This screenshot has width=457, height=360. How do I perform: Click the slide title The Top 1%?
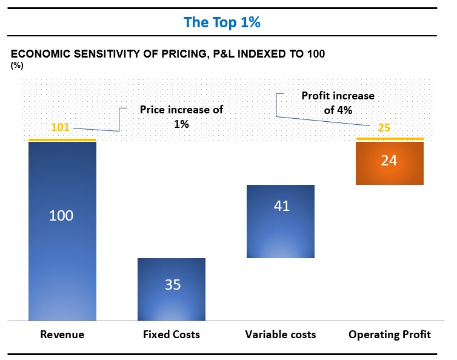[x=222, y=23]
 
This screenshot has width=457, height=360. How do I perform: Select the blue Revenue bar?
[x=62, y=255]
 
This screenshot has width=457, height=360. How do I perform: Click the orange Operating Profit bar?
[x=390, y=173]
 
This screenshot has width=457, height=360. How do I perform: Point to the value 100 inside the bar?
[x=61, y=215]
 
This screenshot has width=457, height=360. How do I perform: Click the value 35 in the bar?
[x=173, y=284]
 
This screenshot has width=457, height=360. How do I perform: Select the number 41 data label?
[x=282, y=205]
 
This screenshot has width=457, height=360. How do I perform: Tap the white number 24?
[x=390, y=161]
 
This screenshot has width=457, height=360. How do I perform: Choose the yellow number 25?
[x=384, y=128]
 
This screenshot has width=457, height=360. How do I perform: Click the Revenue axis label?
[x=62, y=335]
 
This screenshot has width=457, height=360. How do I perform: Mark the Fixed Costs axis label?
[x=172, y=335]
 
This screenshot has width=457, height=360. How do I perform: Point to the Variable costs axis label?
[x=281, y=335]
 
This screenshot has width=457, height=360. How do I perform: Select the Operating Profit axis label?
[x=390, y=335]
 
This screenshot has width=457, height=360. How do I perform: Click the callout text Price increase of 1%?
[x=181, y=116]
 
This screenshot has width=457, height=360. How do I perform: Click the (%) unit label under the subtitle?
[x=17, y=65]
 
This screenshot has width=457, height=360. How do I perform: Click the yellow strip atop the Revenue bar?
[x=62, y=140]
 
